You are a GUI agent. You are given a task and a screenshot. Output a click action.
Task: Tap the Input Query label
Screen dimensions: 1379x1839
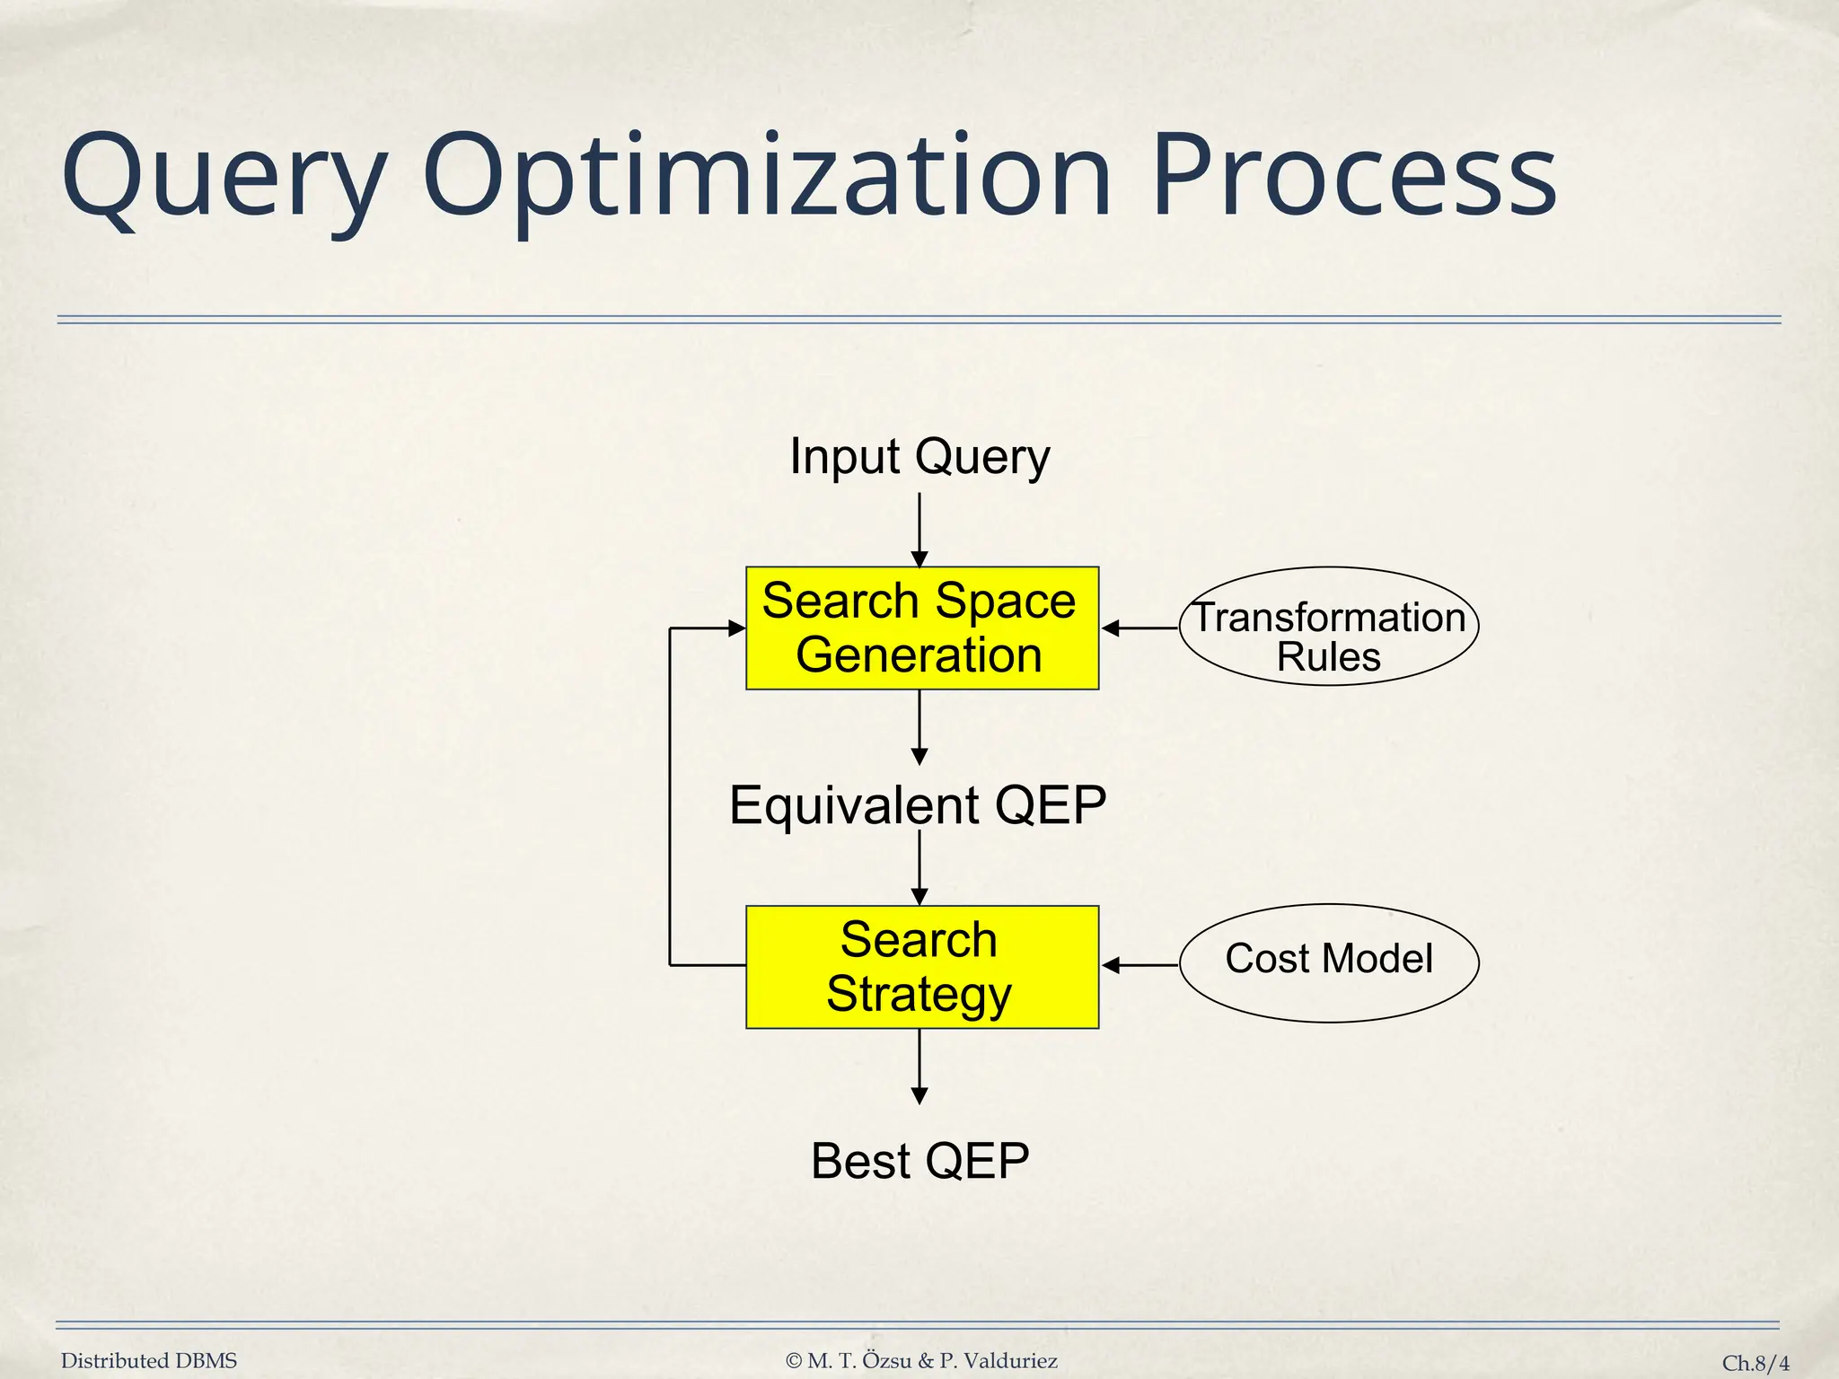tap(919, 457)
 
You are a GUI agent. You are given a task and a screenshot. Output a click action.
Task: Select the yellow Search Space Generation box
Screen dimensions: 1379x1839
tap(922, 628)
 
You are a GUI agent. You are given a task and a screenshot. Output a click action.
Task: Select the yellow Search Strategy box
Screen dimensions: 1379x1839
tap(922, 967)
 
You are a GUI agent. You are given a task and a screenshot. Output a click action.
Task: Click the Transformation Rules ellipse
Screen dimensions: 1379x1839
tap(1329, 627)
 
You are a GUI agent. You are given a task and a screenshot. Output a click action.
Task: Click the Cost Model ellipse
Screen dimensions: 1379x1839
tap(1329, 962)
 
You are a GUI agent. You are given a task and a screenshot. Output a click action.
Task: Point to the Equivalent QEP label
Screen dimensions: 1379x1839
tap(918, 805)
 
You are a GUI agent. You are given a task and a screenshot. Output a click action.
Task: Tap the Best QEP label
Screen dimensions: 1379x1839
tap(919, 1162)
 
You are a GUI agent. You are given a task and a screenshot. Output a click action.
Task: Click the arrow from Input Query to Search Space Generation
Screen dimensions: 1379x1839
tap(919, 530)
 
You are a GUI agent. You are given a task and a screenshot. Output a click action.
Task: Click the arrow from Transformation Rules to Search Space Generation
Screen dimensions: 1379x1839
tap(1140, 628)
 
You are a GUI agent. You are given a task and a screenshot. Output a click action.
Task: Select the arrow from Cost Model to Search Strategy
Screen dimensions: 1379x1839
tap(1140, 965)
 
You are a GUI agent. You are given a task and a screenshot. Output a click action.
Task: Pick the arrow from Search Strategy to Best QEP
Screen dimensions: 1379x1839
tap(919, 1066)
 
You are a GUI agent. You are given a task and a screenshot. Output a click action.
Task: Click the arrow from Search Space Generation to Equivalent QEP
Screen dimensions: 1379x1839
tap(919, 727)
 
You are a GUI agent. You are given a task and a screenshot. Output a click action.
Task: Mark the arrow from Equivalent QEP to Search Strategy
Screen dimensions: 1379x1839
tap(919, 866)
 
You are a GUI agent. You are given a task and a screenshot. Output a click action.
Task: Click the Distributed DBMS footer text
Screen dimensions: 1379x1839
tap(149, 1361)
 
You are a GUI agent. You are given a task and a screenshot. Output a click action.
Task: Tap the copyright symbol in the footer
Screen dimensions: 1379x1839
tap(794, 1361)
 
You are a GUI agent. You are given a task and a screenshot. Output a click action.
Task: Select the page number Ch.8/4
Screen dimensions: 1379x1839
tap(1755, 1363)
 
